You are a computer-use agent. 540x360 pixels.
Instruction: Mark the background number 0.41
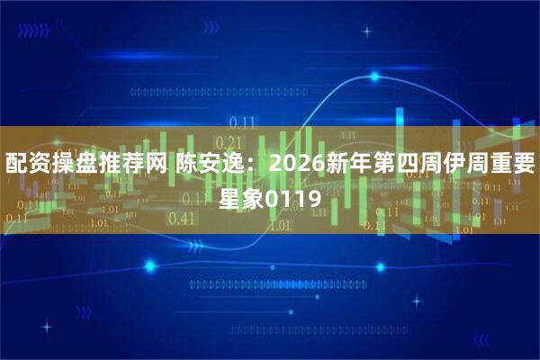[x=182, y=218]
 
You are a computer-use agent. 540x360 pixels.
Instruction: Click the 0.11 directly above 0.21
[x=242, y=123]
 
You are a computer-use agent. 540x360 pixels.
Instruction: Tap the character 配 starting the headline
[x=16, y=165]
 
